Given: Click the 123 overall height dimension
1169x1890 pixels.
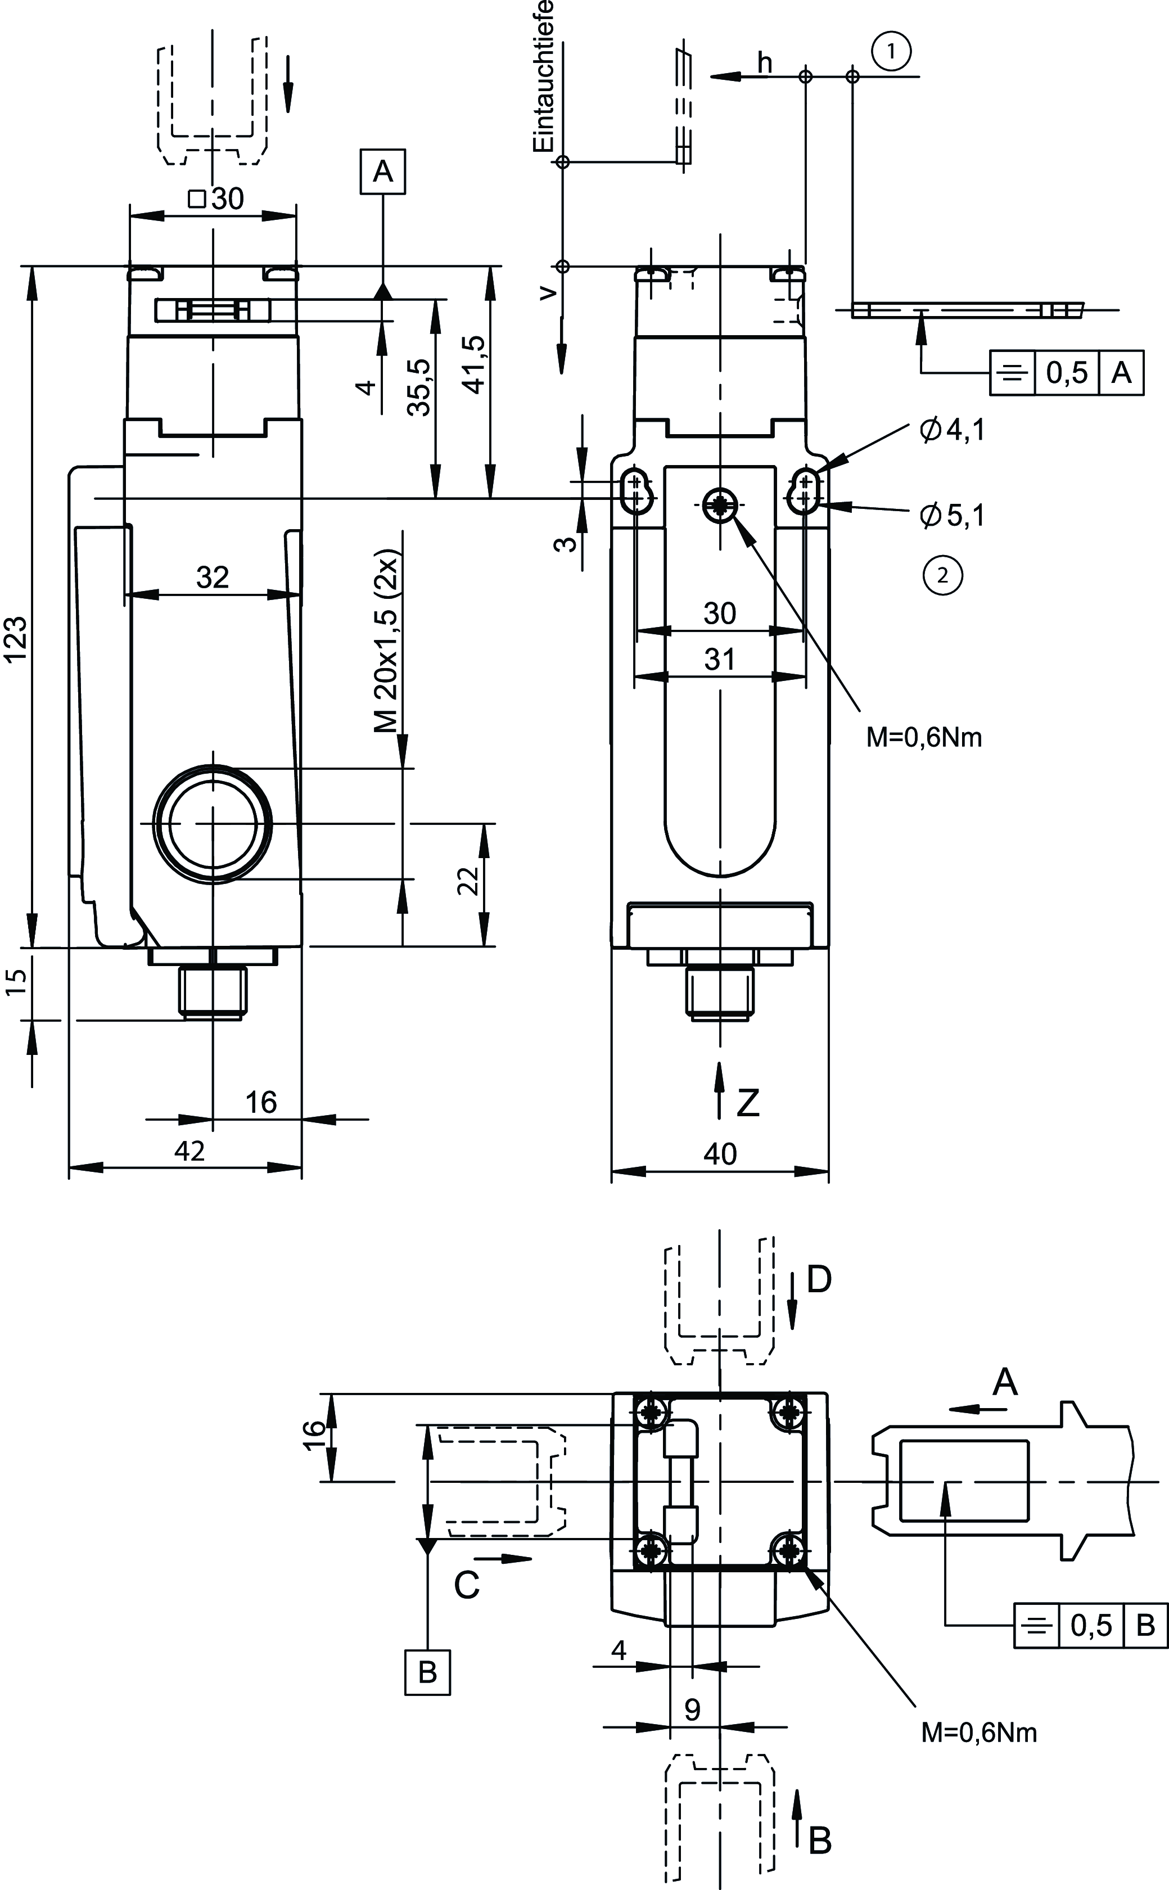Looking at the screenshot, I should click(17, 638).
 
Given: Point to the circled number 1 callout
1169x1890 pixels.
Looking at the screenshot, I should click(891, 52).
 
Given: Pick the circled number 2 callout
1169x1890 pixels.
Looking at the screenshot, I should click(942, 575).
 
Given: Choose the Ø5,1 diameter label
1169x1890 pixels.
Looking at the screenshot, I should click(952, 515).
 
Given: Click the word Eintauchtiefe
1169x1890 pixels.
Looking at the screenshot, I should click(544, 76).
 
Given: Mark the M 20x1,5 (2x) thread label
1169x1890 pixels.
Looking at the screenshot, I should click(385, 642).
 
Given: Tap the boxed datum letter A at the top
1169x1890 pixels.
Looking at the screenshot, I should click(383, 172).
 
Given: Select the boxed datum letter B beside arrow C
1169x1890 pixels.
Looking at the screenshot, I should click(427, 1672).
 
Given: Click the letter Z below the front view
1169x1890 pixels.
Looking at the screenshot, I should click(748, 1103).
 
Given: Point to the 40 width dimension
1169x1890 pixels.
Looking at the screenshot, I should click(720, 1154).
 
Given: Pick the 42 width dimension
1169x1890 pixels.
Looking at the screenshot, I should click(189, 1151).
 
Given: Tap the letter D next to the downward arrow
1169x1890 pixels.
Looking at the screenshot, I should click(819, 1280).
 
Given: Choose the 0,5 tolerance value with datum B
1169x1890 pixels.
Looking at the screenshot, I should click(1091, 1626).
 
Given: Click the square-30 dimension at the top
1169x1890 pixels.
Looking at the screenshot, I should click(217, 200).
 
